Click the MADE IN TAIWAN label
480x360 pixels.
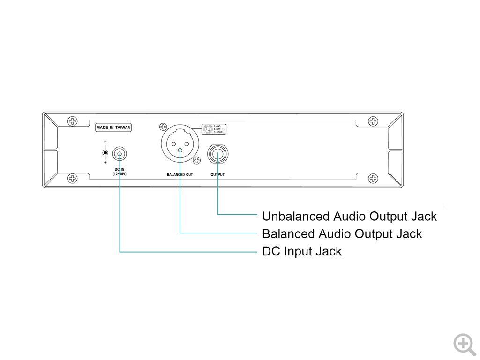[113, 127]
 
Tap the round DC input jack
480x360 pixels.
[120, 153]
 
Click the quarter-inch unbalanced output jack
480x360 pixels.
[218, 154]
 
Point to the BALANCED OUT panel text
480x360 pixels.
[180, 175]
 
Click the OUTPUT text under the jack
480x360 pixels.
[218, 175]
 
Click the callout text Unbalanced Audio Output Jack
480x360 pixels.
[349, 217]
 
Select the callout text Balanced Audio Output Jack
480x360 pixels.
[342, 233]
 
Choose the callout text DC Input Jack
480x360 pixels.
[302, 251]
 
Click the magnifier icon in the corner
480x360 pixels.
[464, 344]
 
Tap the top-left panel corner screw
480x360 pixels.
[72, 121]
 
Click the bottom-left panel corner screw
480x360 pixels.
[72, 178]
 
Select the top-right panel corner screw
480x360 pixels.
[373, 121]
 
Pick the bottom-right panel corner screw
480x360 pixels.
[373, 178]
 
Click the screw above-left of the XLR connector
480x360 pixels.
[163, 127]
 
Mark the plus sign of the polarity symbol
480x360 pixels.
[105, 162]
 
